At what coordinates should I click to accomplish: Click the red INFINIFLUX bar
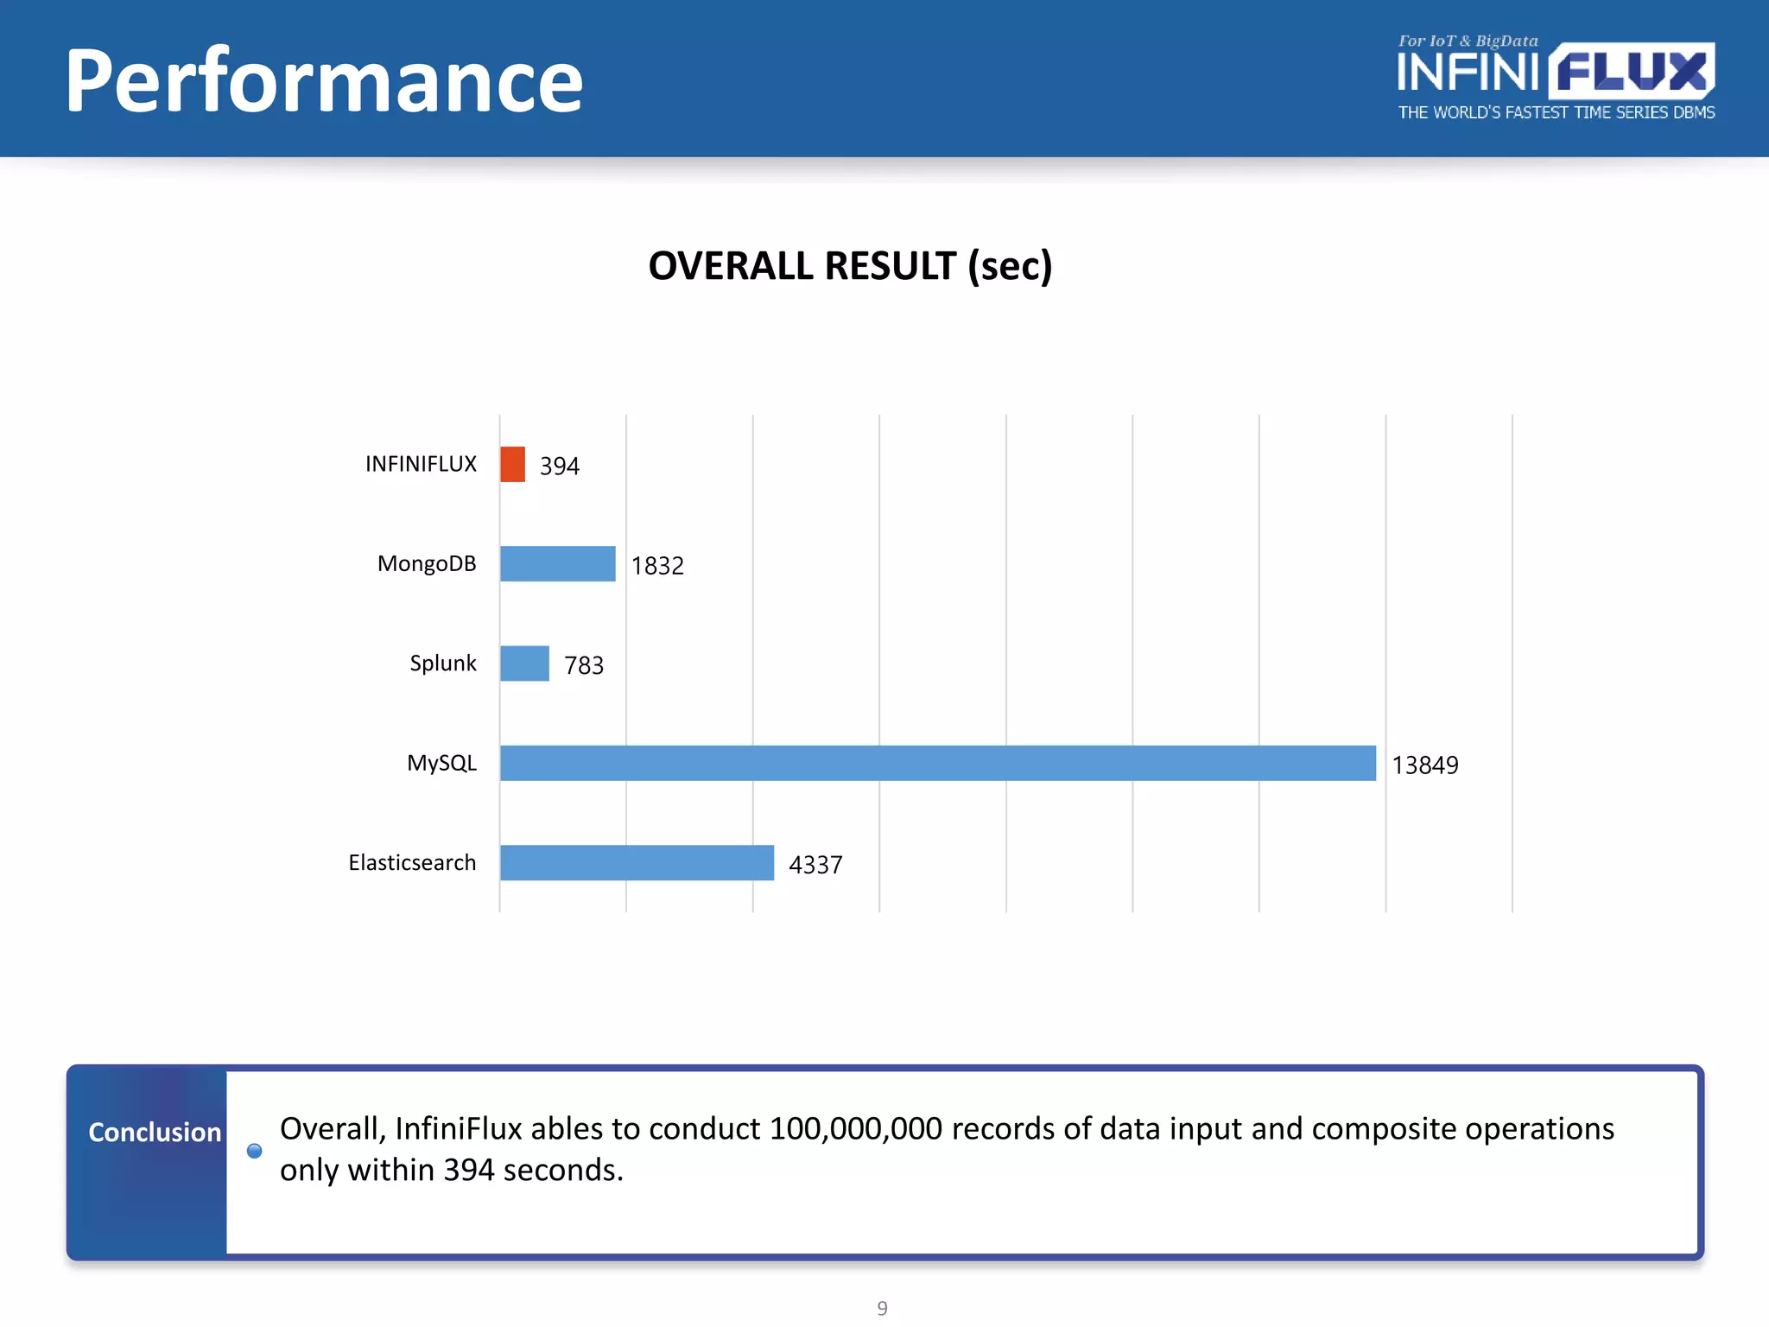click(x=512, y=464)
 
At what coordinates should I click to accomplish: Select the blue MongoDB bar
click(x=557, y=563)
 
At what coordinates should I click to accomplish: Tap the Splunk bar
click(x=524, y=663)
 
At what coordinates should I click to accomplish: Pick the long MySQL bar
click(x=937, y=763)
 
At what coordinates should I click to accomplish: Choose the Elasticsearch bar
click(x=637, y=862)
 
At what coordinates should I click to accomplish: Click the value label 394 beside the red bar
click(x=560, y=466)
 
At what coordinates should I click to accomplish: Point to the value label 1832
click(x=657, y=566)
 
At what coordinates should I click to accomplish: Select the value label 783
click(x=584, y=665)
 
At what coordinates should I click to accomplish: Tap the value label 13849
click(x=1424, y=765)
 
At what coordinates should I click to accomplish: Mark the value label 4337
click(x=815, y=865)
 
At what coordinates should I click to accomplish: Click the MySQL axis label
click(x=441, y=763)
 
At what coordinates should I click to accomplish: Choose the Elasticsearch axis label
click(x=412, y=862)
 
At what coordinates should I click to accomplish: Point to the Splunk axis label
click(x=442, y=663)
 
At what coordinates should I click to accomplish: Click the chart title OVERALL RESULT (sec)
click(x=850, y=266)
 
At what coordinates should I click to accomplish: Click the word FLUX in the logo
click(x=1631, y=72)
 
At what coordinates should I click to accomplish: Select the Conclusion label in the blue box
click(x=155, y=1132)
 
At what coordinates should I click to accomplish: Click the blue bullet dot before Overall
click(x=254, y=1151)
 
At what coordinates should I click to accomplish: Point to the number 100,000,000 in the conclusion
click(x=855, y=1129)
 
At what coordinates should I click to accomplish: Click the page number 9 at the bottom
click(x=882, y=1308)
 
